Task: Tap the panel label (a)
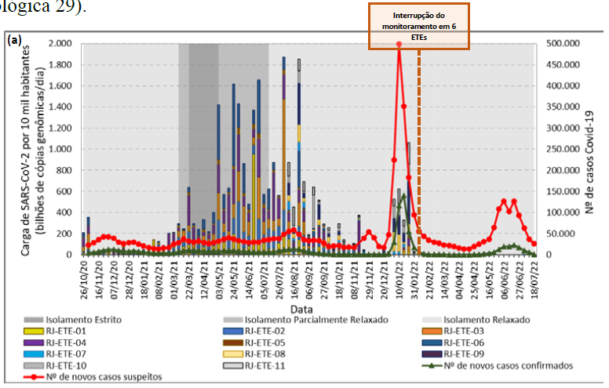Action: [14, 39]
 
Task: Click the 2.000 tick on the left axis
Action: [59, 44]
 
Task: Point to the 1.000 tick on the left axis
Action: [59, 150]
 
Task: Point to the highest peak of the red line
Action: [399, 45]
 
